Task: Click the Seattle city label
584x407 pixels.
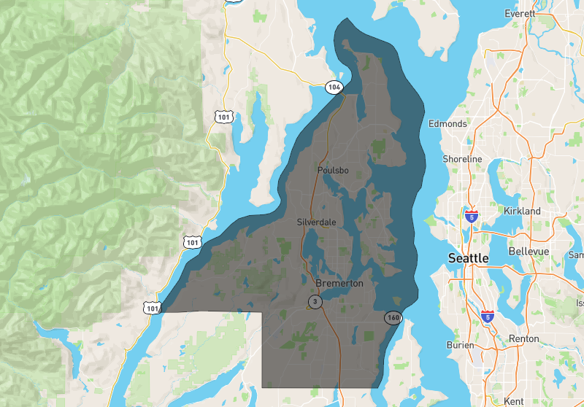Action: tap(468, 258)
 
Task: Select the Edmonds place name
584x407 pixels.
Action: tap(447, 123)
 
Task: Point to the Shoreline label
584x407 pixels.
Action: tap(462, 159)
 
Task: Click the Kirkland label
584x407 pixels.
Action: tap(522, 211)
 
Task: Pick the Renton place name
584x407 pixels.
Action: tap(525, 339)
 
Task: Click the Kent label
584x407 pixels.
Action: tap(513, 401)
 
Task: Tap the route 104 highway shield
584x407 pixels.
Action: tap(334, 88)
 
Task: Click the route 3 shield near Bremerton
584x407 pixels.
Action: tap(315, 301)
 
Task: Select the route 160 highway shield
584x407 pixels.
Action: tap(393, 317)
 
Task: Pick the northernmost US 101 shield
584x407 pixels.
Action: tap(224, 116)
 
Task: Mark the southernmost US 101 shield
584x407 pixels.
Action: tap(152, 309)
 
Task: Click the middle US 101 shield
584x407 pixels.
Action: tap(192, 242)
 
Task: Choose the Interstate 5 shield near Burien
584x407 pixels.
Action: tap(487, 316)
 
